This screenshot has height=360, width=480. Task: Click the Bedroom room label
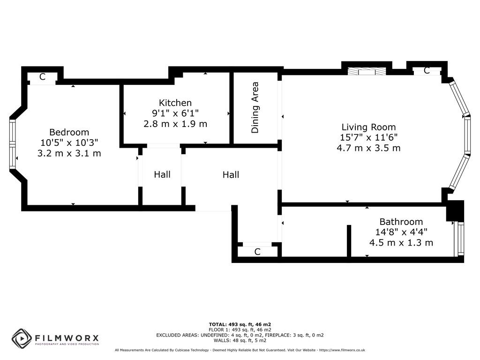69,132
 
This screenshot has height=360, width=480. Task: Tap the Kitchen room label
175,103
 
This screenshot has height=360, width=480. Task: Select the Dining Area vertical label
255,108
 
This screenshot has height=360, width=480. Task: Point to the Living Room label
368,127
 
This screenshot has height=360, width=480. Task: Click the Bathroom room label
401,222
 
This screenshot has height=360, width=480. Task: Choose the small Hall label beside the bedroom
162,174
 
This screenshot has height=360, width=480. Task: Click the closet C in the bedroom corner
42,77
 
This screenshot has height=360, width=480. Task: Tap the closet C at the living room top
427,70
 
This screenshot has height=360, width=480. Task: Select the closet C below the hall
257,252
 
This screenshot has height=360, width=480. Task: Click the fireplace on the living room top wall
367,72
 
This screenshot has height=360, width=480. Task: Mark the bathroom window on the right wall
460,240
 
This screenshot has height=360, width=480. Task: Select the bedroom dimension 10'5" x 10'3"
69,142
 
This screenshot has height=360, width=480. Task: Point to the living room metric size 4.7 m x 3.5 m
368,148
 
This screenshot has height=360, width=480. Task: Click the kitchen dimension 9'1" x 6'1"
175,113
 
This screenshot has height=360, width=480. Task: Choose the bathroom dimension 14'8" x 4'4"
401,232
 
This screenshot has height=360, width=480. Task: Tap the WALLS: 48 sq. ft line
240,340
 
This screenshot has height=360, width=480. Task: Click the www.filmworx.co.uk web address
347,350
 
